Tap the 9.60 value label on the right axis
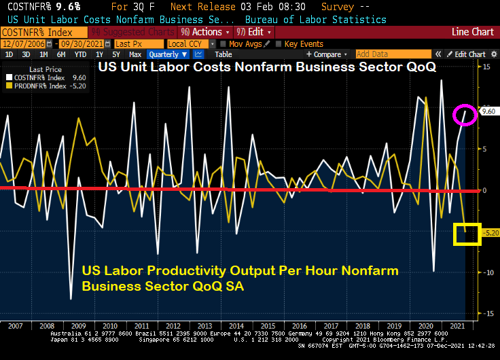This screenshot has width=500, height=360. click(x=488, y=111)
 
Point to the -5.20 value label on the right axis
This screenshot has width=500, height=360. click(x=489, y=232)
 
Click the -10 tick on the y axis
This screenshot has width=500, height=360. click(x=486, y=272)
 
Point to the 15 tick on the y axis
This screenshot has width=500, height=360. click(x=486, y=67)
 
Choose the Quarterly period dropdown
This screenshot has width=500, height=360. click(x=166, y=54)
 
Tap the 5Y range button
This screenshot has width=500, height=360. click(x=116, y=54)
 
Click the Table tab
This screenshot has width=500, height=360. click(x=224, y=54)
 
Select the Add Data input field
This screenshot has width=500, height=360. click(x=393, y=54)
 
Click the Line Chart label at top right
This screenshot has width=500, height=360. click(x=473, y=32)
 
